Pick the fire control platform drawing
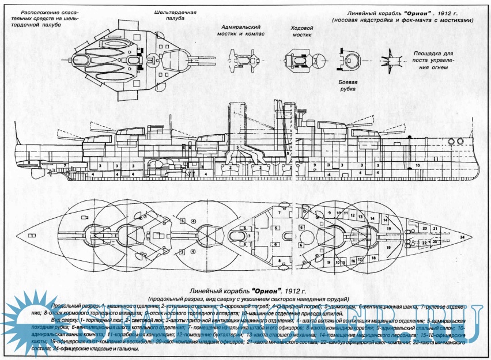pos(391,58)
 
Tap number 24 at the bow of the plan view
pos(462,237)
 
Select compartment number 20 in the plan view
pos(425,228)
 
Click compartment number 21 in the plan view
pos(436,229)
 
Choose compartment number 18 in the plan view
pos(375,258)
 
